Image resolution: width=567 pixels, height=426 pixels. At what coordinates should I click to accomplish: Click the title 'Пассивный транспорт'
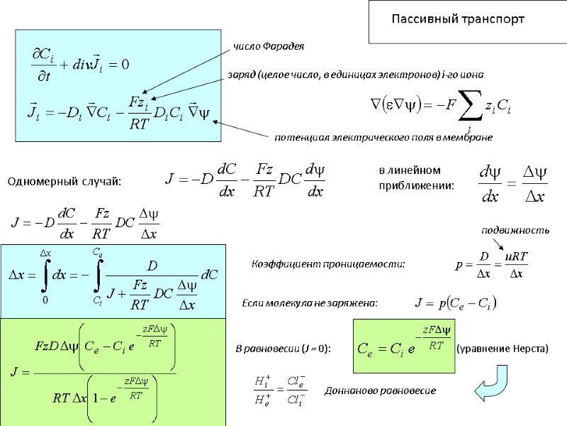[x=459, y=19]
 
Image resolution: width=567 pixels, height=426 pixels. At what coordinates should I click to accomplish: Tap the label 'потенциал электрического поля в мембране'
[x=383, y=136]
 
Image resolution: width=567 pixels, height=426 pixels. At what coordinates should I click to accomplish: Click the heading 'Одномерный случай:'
[x=64, y=182]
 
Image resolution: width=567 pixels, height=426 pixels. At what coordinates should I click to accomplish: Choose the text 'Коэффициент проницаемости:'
[x=329, y=264]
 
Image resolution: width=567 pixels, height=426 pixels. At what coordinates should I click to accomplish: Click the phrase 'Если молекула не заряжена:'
[x=310, y=303]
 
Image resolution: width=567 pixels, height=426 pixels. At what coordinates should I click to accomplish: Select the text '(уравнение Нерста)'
[x=501, y=349]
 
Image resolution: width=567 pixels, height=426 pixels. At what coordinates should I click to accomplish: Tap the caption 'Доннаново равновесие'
[x=380, y=390]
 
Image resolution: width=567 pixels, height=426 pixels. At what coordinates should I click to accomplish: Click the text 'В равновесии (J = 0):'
[x=283, y=349]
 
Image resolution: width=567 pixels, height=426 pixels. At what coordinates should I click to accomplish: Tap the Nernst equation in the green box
[x=402, y=346]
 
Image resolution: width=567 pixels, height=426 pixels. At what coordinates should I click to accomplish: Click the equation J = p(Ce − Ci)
[x=455, y=304]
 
